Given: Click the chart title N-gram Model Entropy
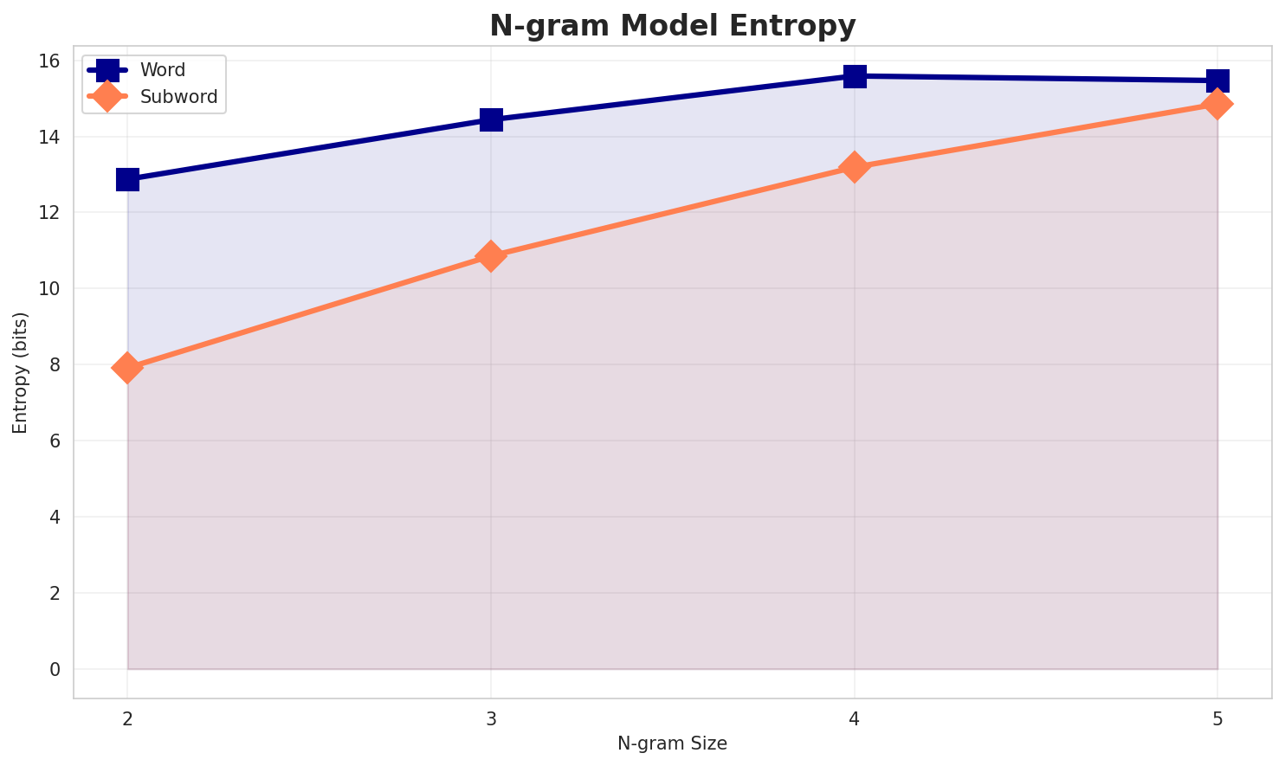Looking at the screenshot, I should [x=672, y=26].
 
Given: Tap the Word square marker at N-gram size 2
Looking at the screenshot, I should [x=127, y=179].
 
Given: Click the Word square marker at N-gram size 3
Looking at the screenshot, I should [x=491, y=119].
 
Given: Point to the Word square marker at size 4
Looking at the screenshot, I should [x=855, y=76].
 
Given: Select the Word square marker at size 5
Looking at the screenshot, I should [x=1217, y=80].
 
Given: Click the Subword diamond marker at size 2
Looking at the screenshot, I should [x=127, y=368].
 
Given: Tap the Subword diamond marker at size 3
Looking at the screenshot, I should [x=491, y=256].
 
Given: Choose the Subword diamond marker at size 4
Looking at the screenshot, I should [x=855, y=167].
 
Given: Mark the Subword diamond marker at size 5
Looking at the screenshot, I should [x=1217, y=105].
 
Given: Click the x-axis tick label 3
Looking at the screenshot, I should [x=491, y=719].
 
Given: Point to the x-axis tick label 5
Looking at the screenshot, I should [x=1217, y=719].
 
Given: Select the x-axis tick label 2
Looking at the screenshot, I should [x=127, y=719].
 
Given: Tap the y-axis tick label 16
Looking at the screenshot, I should [x=50, y=61].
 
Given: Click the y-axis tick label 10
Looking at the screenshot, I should [x=50, y=289].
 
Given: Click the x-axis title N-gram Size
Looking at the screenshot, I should [x=672, y=743].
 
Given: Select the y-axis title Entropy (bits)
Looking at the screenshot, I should [x=20, y=372].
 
